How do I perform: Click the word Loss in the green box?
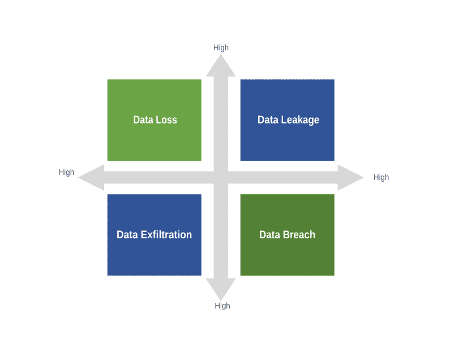166,120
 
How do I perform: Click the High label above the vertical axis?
221,48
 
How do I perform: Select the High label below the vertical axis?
222,306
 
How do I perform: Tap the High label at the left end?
66,172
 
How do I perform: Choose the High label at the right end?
381,177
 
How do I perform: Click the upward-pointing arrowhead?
221,67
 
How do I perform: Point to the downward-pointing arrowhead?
221,288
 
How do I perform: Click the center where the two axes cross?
221,177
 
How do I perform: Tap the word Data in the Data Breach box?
269,235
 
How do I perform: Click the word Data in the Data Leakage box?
268,120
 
